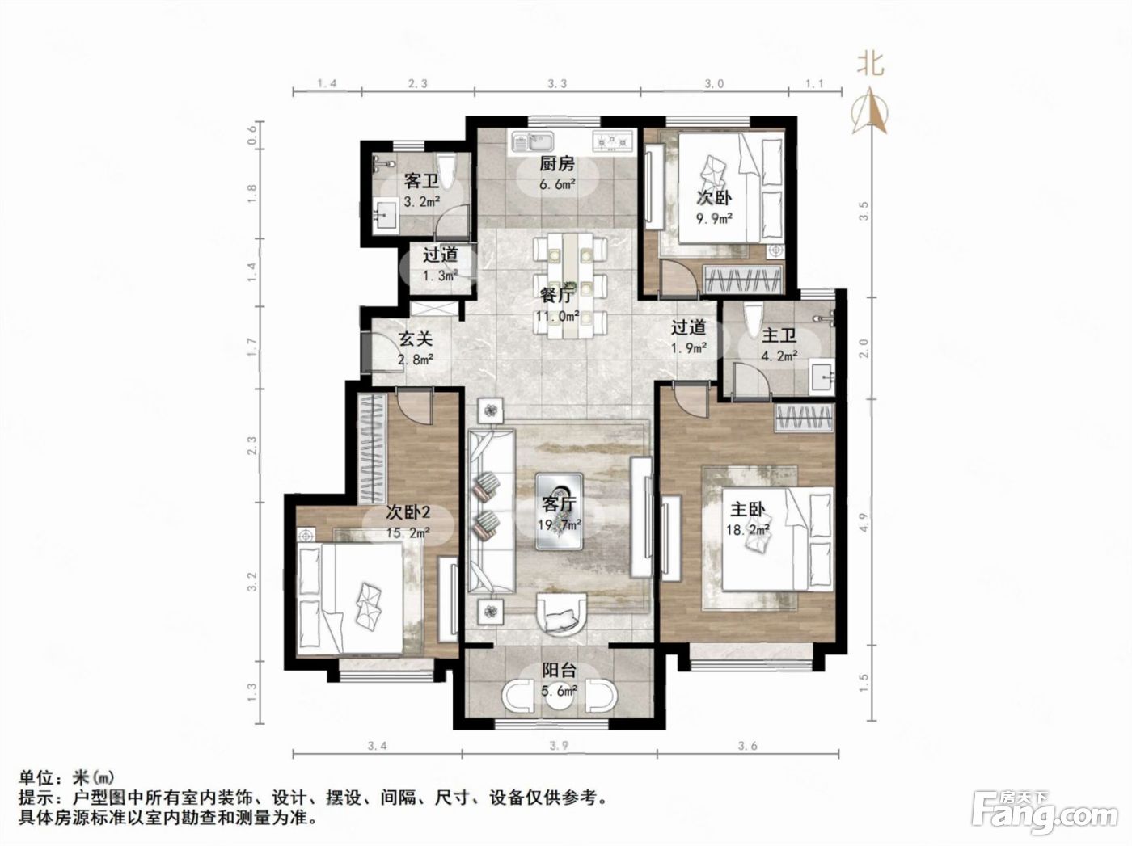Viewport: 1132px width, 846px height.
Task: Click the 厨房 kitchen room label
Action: point(556,164)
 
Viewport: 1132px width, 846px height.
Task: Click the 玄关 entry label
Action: point(415,339)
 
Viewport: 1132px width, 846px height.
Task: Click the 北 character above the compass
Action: point(871,64)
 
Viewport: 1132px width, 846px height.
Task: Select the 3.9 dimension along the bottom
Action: point(560,746)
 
